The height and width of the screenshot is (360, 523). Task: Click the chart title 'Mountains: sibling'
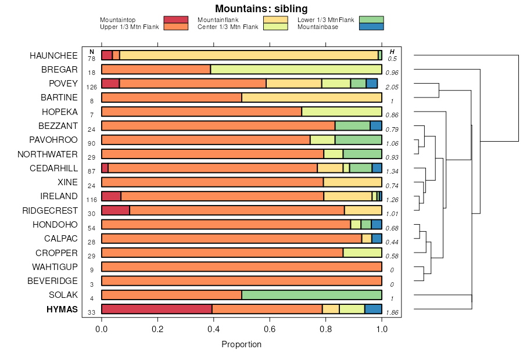pyautogui.click(x=261, y=9)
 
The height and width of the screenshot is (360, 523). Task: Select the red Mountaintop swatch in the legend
pyautogui.click(x=175, y=20)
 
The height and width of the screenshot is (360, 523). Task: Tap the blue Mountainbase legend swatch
pyautogui.click(x=371, y=27)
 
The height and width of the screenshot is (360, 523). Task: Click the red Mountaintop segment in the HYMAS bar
pyautogui.click(x=157, y=309)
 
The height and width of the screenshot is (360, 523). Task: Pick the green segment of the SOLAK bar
pyautogui.click(x=311, y=295)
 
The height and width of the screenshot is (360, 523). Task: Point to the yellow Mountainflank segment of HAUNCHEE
pyautogui.click(x=249, y=55)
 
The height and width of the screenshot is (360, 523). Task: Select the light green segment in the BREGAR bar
pyautogui.click(x=296, y=70)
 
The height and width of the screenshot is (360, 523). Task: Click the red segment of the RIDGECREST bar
pyautogui.click(x=116, y=210)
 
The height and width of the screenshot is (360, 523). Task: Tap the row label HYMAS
pyautogui.click(x=62, y=309)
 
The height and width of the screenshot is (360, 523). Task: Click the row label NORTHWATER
pyautogui.click(x=48, y=154)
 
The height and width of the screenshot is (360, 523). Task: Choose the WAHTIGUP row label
pyautogui.click(x=55, y=267)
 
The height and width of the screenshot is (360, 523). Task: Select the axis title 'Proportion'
pyautogui.click(x=242, y=344)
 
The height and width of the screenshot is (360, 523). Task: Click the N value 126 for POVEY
pyautogui.click(x=91, y=88)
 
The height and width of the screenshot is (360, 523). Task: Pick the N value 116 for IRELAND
pyautogui.click(x=91, y=200)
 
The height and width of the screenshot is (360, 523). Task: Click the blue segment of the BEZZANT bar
pyautogui.click(x=376, y=125)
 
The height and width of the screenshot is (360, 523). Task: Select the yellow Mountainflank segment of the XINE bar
pyautogui.click(x=352, y=182)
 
